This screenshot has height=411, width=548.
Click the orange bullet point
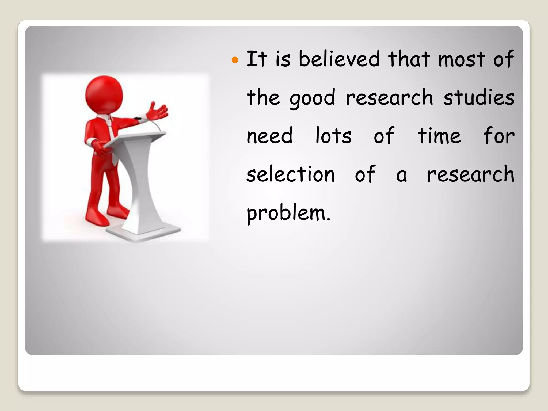tap(235, 60)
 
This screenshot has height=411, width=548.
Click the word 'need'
tap(269, 136)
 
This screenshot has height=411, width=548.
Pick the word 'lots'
tap(333, 136)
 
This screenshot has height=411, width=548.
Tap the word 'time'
tap(439, 136)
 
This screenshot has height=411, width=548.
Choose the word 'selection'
tap(290, 174)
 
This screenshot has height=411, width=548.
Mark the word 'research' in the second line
tap(389, 98)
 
